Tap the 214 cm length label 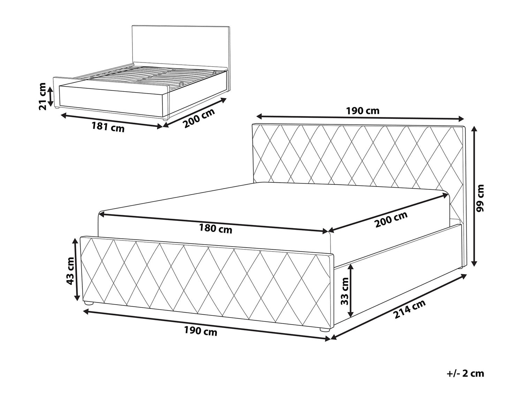(410, 309)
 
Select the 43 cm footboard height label (71, 271)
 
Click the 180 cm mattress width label (215, 229)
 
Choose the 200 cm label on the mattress (391, 219)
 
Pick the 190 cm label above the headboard (362, 111)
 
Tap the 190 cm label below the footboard (200, 332)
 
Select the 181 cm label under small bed (108, 128)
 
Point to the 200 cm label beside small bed (199, 118)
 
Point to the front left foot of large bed (89, 303)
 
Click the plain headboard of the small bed (181, 48)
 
